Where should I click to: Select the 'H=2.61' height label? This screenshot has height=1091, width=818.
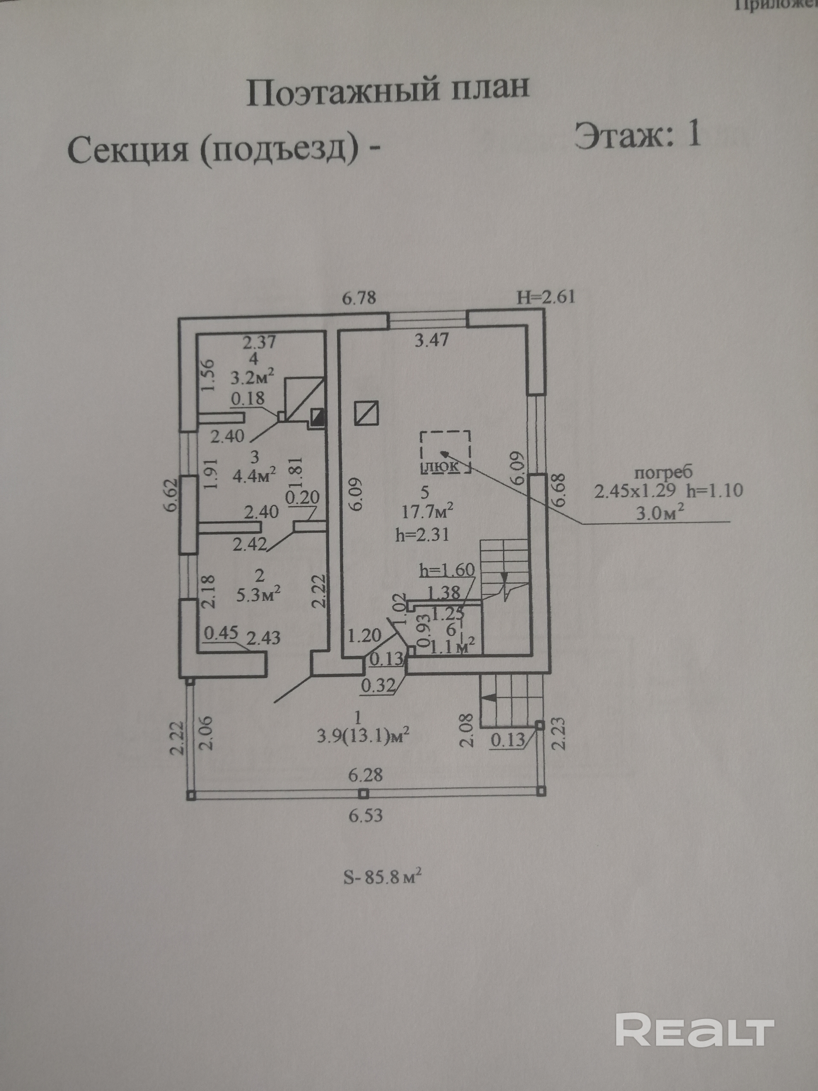tap(545, 297)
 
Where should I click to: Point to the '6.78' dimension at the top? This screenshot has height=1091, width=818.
tap(359, 298)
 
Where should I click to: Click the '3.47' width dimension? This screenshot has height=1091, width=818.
tap(431, 340)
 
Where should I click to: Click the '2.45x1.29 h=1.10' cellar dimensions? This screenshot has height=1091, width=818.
tap(668, 491)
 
